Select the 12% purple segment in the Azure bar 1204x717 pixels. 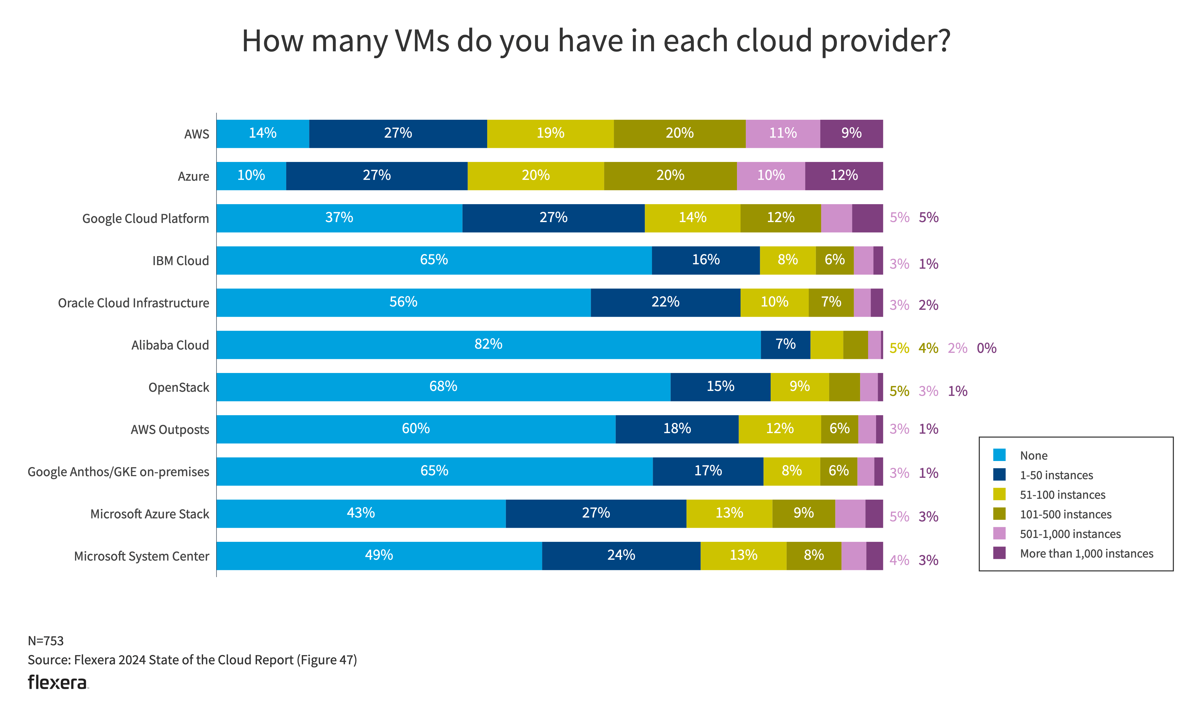point(844,175)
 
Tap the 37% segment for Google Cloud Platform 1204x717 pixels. point(339,218)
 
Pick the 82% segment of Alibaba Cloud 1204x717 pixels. point(488,345)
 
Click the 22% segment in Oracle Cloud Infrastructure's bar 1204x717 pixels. point(665,302)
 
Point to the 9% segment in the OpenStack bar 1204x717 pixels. point(799,387)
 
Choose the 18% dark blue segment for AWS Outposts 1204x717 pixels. point(677,429)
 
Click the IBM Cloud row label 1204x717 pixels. point(181,261)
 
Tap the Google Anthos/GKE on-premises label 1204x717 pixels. point(118,472)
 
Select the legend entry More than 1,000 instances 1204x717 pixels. point(1086,554)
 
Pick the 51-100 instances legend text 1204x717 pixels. point(1062,495)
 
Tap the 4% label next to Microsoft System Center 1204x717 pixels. point(899,561)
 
